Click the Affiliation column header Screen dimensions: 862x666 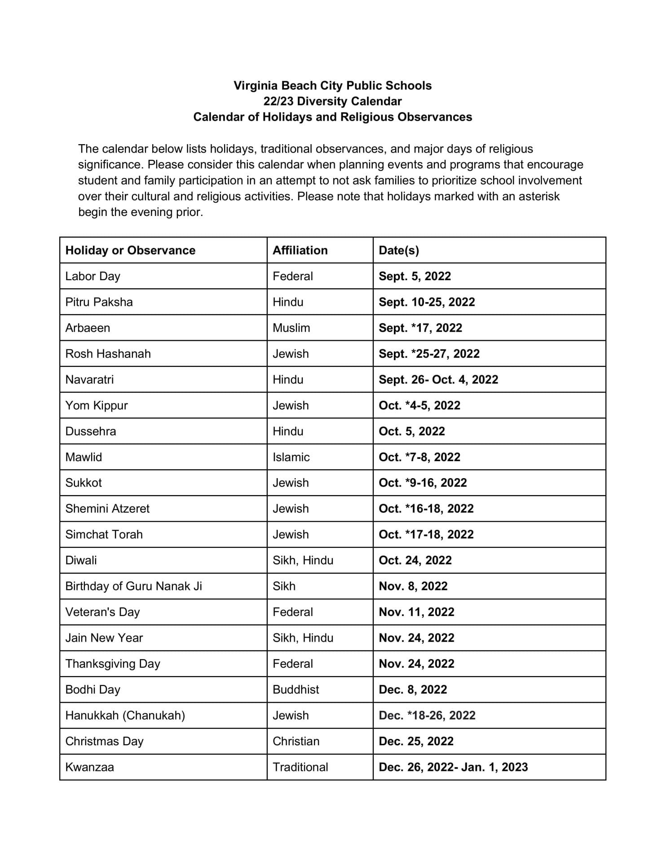click(x=300, y=250)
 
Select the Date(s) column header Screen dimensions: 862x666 click(x=398, y=250)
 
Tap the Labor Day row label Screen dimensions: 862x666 click(x=93, y=276)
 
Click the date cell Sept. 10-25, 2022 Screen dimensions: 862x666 click(x=427, y=302)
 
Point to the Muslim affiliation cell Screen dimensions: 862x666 click(x=291, y=328)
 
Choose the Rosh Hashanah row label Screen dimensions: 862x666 click(x=108, y=354)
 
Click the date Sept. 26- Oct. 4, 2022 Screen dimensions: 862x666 click(x=438, y=379)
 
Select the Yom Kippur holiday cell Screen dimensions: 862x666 click(x=97, y=405)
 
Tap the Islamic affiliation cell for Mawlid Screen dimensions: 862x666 click(x=291, y=457)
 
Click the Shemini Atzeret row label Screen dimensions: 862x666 click(x=107, y=509)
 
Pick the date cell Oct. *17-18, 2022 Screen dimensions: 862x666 click(x=426, y=534)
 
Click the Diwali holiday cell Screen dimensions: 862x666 click(x=81, y=560)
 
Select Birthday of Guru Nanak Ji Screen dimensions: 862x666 click(x=133, y=586)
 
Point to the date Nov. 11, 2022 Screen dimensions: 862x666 click(x=416, y=612)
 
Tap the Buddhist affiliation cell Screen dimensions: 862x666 click(x=296, y=689)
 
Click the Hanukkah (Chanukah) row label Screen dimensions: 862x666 click(x=125, y=715)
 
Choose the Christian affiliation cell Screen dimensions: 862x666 click(x=296, y=741)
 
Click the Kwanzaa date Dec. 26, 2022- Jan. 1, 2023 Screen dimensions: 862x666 click(x=453, y=767)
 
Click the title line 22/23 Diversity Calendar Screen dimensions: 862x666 click(x=332, y=101)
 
